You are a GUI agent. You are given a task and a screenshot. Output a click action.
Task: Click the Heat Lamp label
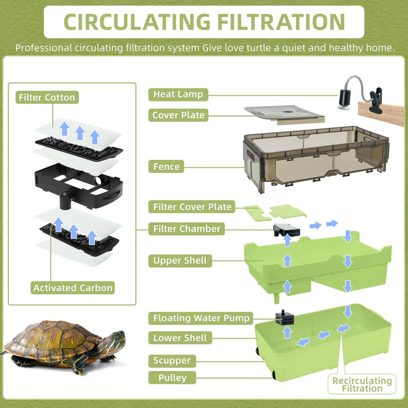178,94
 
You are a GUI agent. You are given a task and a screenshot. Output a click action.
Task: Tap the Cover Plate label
178,115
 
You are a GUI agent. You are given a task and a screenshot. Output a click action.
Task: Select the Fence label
166,167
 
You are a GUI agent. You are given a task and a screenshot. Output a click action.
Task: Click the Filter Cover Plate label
192,207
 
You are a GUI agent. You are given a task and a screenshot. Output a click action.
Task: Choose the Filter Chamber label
187,229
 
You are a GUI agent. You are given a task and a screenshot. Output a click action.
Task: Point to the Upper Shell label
180,260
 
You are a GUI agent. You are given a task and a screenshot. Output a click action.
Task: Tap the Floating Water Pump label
201,318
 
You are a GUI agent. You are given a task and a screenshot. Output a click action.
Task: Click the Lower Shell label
180,338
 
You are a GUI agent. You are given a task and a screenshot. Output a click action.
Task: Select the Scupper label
172,361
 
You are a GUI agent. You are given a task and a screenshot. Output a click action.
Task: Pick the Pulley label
172,378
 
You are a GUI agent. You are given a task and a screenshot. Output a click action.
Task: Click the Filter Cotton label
47,97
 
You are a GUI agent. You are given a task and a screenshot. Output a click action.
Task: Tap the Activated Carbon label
73,288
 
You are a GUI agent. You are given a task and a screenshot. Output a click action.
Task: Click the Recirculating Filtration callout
362,384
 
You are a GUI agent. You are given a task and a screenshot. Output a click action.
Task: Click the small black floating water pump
285,318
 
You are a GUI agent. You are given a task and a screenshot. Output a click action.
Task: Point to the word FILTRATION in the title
281,22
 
